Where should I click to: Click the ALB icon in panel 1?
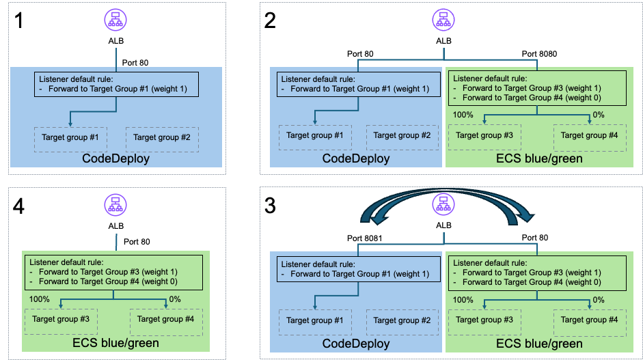click(115, 20)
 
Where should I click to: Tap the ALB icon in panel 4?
click(115, 205)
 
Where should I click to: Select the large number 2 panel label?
click(270, 20)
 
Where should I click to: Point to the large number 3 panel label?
click(270, 206)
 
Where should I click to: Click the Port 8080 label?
click(539, 54)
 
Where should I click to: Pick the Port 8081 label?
click(365, 238)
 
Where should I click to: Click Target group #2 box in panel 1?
click(162, 139)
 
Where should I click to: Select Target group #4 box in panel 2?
click(590, 137)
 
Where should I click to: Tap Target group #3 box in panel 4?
click(61, 322)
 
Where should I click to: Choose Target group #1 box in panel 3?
click(315, 322)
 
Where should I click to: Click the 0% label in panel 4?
click(175, 299)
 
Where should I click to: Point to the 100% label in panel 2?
click(463, 115)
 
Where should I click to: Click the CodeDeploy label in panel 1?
click(115, 158)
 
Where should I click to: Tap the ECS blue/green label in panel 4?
click(115, 343)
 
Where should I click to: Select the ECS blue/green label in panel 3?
click(539, 344)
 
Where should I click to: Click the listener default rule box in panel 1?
click(116, 85)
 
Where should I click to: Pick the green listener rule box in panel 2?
click(537, 88)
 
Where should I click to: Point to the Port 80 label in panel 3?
click(535, 238)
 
